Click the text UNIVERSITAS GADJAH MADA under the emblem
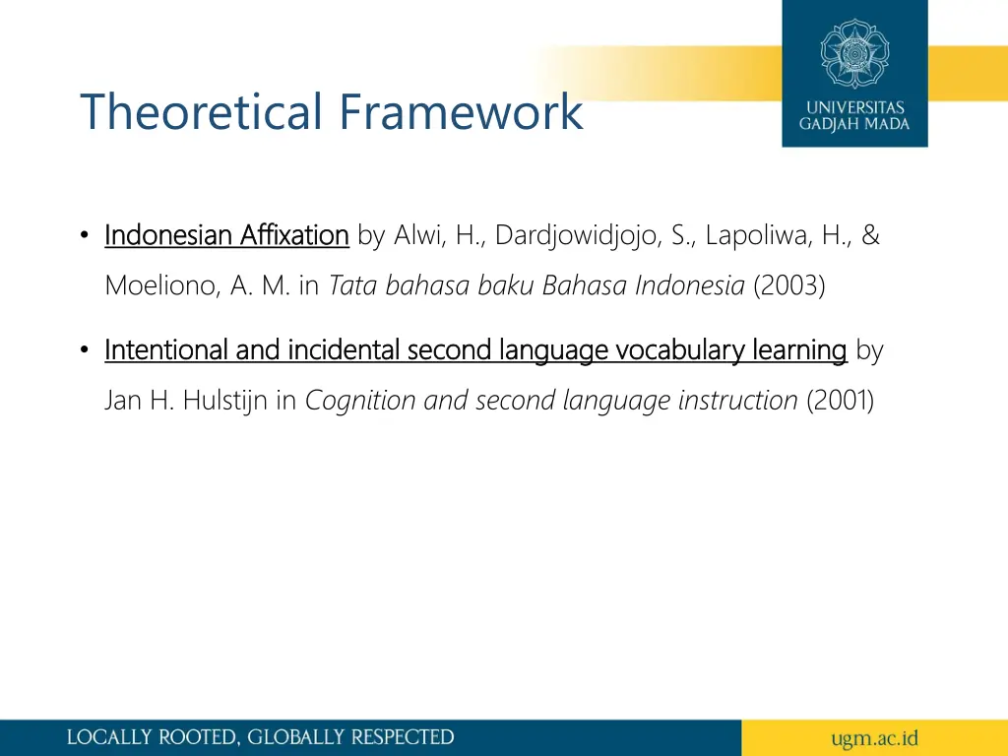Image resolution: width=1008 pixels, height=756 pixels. click(x=854, y=116)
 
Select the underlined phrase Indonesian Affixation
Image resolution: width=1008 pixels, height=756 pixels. click(x=226, y=236)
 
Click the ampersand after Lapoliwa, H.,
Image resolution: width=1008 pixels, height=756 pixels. click(x=870, y=236)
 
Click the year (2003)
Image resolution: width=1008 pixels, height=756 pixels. click(x=789, y=286)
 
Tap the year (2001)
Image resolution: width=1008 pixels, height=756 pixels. click(x=840, y=401)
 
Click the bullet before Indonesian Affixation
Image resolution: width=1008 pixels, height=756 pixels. click(x=86, y=236)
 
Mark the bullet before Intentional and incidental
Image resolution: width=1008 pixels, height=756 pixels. click(x=86, y=350)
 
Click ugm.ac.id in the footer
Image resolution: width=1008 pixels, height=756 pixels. click(x=874, y=737)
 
